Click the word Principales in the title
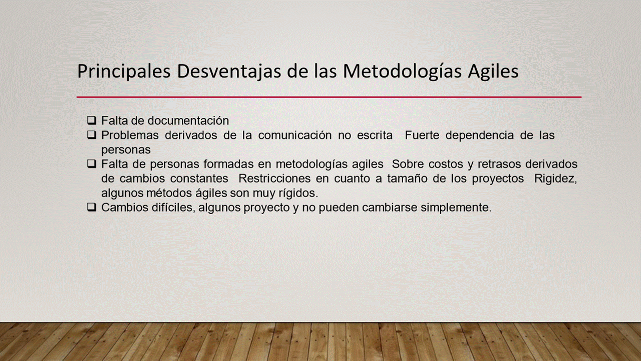coord(124,71)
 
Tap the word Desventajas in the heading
coord(229,71)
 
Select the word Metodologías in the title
coord(402,71)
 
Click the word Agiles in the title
coord(493,71)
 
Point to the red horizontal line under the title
coord(329,97)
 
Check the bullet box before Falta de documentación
coord(92,120)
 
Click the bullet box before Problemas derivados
coord(92,135)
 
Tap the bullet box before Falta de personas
coord(92,164)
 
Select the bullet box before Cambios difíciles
coord(92,207)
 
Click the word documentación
coord(188,121)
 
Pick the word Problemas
coord(130,135)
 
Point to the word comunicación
coord(295,135)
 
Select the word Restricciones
coord(274,178)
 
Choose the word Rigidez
coord(556,179)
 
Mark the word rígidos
coord(298,194)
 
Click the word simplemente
coord(456,208)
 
